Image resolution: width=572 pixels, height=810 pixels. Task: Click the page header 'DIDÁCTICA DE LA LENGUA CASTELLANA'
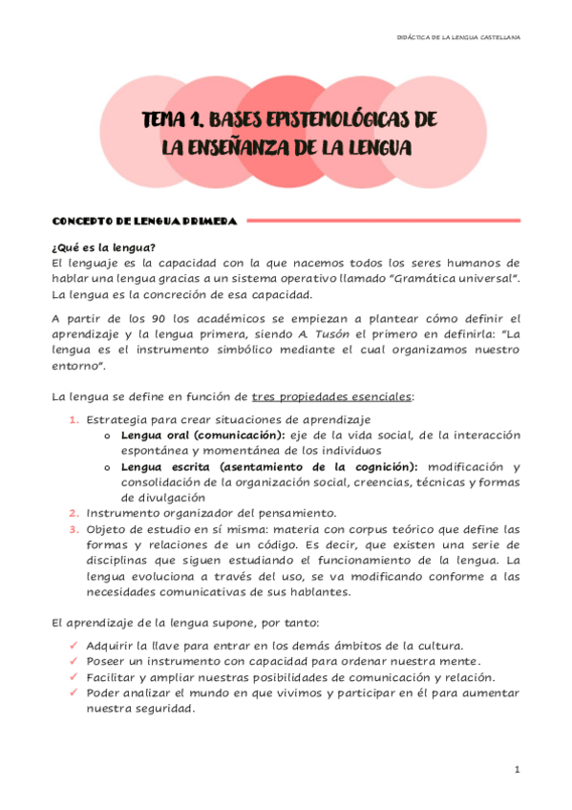click(457, 37)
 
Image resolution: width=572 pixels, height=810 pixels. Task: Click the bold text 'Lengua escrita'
click(162, 467)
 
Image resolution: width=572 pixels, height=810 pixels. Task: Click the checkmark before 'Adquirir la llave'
click(74, 647)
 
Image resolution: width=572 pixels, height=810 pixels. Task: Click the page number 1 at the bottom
click(516, 769)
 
